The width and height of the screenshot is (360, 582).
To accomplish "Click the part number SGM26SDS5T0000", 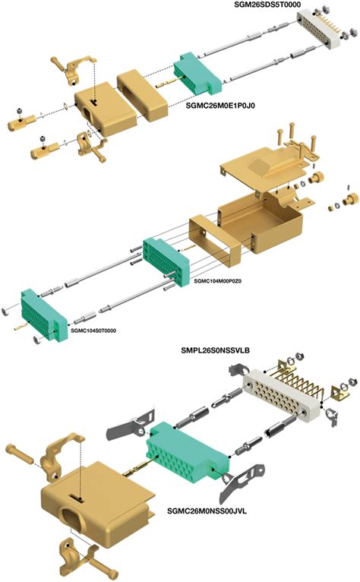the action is (267, 5).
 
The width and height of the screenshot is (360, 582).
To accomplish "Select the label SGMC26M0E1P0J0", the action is (220, 106).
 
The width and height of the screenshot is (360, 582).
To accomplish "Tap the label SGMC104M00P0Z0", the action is (217, 281).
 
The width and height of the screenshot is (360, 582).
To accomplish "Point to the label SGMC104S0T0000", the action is (93, 331).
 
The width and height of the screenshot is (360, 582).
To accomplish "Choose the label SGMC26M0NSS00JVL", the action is (207, 511).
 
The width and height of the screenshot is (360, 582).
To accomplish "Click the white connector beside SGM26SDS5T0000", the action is (318, 29).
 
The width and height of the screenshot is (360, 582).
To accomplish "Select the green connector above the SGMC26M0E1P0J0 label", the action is (197, 72).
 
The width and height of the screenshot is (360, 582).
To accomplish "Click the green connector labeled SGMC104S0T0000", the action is (44, 314).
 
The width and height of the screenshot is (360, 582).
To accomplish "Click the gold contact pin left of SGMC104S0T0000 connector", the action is (21, 327).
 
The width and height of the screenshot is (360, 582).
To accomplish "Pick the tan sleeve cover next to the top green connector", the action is (143, 95).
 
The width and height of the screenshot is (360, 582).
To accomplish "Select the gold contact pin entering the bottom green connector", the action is (136, 468).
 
